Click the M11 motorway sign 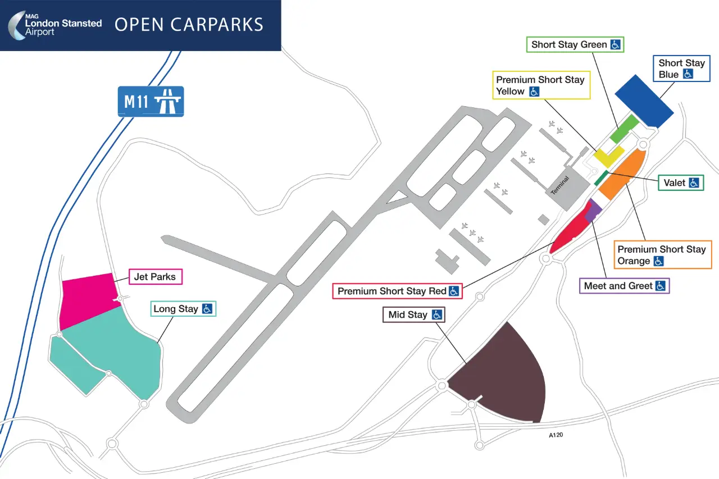click(151, 101)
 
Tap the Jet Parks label click(155, 277)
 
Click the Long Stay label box click(183, 308)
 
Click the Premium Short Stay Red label click(398, 291)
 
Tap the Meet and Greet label click(624, 286)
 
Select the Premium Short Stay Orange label click(662, 255)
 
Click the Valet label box click(681, 183)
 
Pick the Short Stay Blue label click(681, 69)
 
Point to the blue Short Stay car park click(644, 101)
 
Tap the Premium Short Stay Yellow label click(541, 85)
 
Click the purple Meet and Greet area click(593, 210)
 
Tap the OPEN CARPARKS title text click(189, 25)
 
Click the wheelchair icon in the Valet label click(694, 183)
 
